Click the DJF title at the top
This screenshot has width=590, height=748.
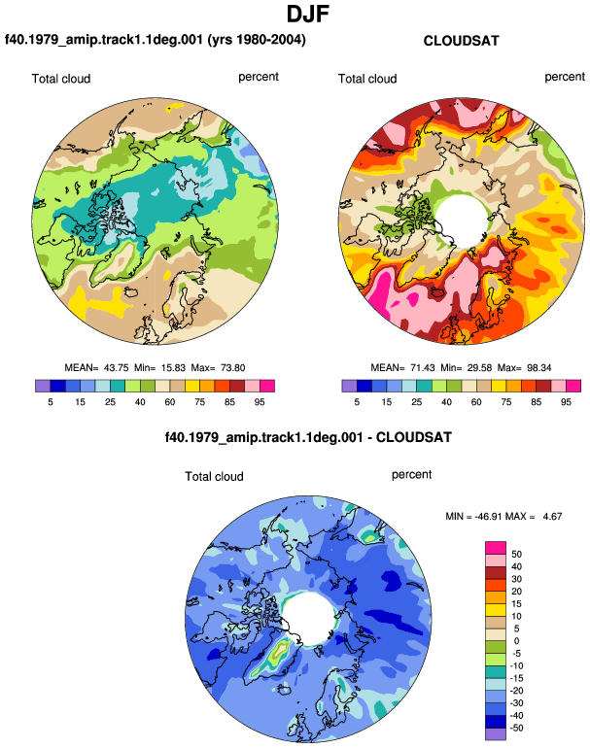pyautogui.click(x=308, y=15)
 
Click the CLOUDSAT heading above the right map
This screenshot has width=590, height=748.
pyautogui.click(x=461, y=41)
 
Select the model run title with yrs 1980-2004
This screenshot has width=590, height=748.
pyautogui.click(x=156, y=39)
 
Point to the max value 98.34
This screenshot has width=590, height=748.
pyautogui.click(x=538, y=368)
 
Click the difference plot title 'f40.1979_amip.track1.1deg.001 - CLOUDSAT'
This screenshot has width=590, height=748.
pyautogui.click(x=308, y=437)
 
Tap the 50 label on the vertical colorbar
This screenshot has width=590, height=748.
pyautogui.click(x=516, y=555)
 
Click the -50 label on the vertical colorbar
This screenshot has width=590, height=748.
pyautogui.click(x=515, y=728)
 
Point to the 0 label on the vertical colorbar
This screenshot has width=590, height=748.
pyautogui.click(x=516, y=641)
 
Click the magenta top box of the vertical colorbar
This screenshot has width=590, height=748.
pyautogui.click(x=496, y=548)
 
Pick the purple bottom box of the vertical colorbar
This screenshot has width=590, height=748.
pyautogui.click(x=496, y=734)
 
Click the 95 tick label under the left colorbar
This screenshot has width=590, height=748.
pyautogui.click(x=260, y=402)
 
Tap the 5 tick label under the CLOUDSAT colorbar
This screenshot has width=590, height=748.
pyautogui.click(x=357, y=402)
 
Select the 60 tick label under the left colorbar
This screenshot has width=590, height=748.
pyautogui.click(x=169, y=402)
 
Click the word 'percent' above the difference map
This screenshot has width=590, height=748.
pyautogui.click(x=411, y=475)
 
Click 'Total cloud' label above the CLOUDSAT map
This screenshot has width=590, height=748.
pyautogui.click(x=367, y=79)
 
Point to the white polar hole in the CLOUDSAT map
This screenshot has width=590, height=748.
pyautogui.click(x=462, y=220)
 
